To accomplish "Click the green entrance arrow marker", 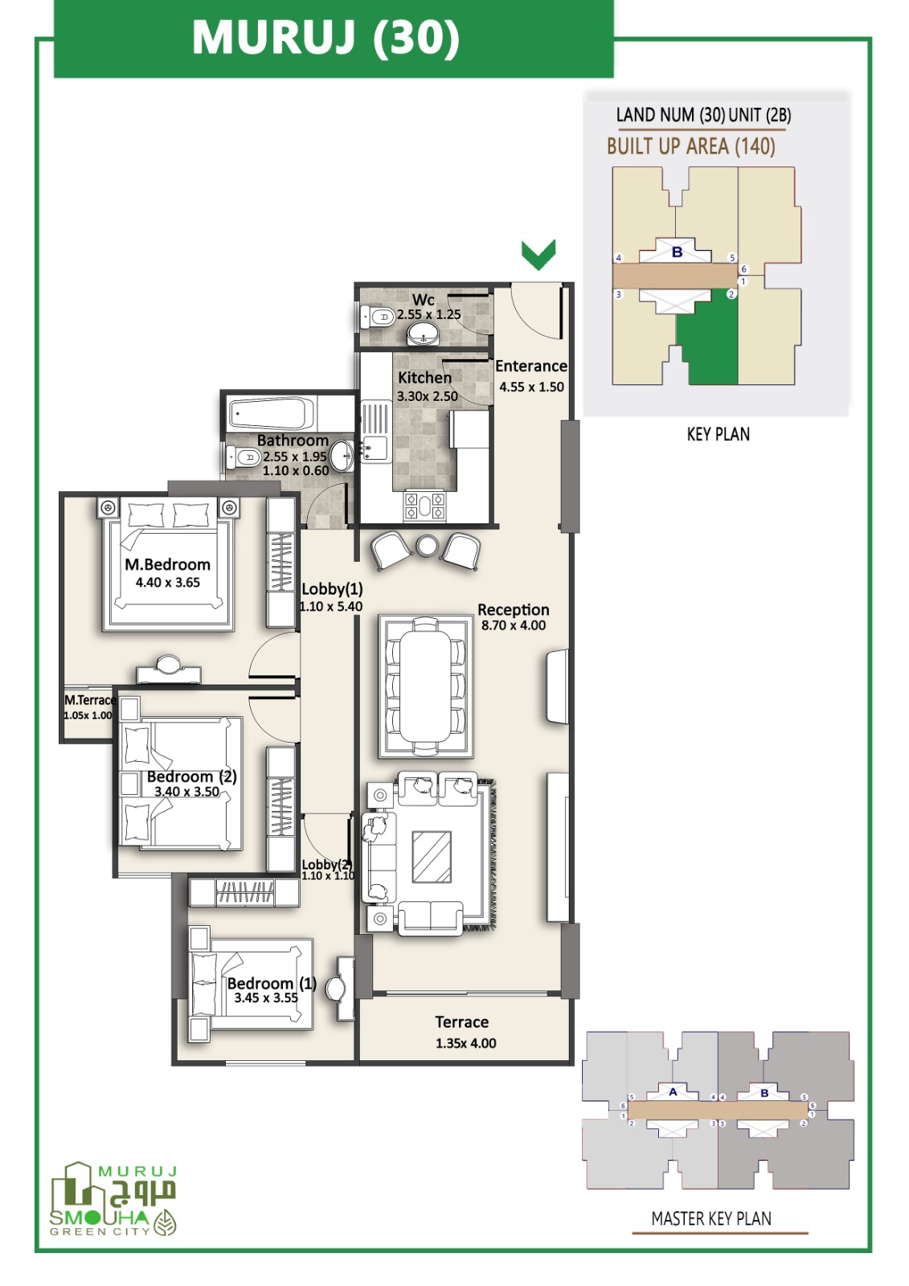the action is pos(538,254).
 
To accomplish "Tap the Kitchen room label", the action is pos(425,378).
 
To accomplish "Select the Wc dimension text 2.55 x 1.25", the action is pos(429,314).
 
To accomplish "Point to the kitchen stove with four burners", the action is pos(425,506).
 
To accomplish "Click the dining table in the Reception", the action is pos(425,687).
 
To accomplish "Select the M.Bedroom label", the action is pos(168,564).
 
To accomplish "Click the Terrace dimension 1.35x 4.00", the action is pos(465,1043).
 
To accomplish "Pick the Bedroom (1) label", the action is pos(272,984).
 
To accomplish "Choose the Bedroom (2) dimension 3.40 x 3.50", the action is pos(186,791).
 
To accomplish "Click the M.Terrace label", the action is pos(90,700).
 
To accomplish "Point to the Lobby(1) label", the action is pos(332,589).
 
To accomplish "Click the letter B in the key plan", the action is pos(677,252).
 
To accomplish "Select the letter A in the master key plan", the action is pos(673,1092).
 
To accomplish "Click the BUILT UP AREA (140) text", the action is pos(691,146).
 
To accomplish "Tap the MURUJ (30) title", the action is pos(326,38).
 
